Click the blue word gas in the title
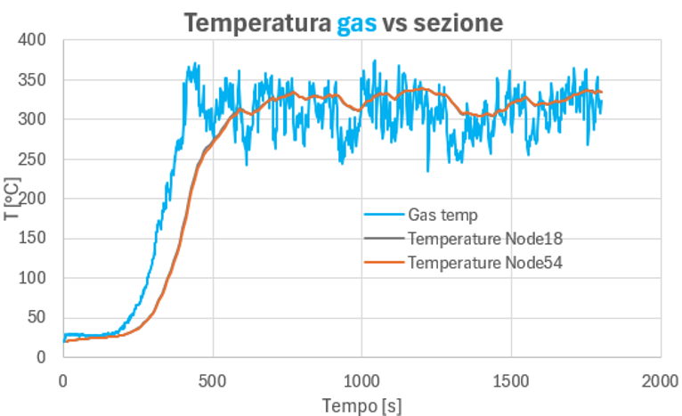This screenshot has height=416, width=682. pyautogui.click(x=357, y=24)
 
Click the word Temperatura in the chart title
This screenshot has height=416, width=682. pyautogui.click(x=257, y=22)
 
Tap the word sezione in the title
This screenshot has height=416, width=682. pyautogui.click(x=458, y=22)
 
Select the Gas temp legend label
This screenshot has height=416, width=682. pyautogui.click(x=442, y=215)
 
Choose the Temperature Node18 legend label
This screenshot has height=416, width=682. pyautogui.click(x=485, y=239)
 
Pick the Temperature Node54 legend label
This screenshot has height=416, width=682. pyautogui.click(x=485, y=263)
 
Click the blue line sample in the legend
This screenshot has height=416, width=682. pyautogui.click(x=384, y=214)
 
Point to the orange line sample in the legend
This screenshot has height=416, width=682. pyautogui.click(x=384, y=262)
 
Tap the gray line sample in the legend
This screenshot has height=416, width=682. pyautogui.click(x=384, y=238)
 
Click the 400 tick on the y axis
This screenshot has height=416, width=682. pyautogui.click(x=32, y=40)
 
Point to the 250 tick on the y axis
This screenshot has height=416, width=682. pyautogui.click(x=32, y=159)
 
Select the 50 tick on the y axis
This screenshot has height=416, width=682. pyautogui.click(x=37, y=317)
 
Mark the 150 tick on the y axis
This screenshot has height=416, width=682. pyautogui.click(x=32, y=238)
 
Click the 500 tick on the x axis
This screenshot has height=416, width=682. pyautogui.click(x=213, y=381)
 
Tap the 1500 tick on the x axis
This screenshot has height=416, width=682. pyautogui.click(x=511, y=381)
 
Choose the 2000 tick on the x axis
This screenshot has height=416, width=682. pyautogui.click(x=661, y=381)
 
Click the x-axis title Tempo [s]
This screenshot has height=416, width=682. pyautogui.click(x=361, y=406)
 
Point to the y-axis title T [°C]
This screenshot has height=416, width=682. pyautogui.click(x=12, y=199)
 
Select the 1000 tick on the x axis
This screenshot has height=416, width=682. pyautogui.click(x=361, y=381)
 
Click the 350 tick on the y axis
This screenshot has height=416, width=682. pyautogui.click(x=32, y=80)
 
